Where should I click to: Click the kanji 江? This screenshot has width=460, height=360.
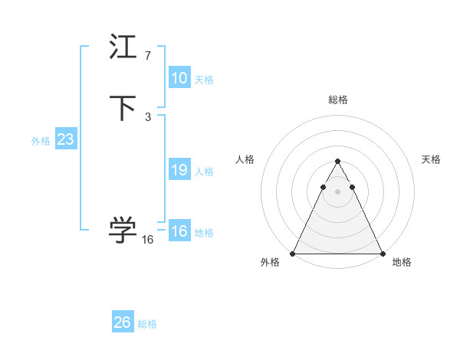pyautogui.click(x=123, y=48)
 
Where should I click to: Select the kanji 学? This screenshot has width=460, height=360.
pyautogui.click(x=123, y=230)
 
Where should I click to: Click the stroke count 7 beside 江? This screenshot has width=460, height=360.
pyautogui.click(x=148, y=56)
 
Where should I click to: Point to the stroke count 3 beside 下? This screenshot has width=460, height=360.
pyautogui.click(x=148, y=116)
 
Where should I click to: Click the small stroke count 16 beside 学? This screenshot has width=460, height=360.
pyautogui.click(x=148, y=240)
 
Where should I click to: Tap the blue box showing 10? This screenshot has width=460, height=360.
pyautogui.click(x=179, y=78)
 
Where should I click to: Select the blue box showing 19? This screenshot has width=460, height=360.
pyautogui.click(x=179, y=170)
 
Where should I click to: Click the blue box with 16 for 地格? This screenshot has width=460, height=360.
pyautogui.click(x=179, y=231)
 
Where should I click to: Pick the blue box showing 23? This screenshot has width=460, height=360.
pyautogui.click(x=65, y=140)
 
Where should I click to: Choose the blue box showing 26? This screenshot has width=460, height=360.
pyautogui.click(x=123, y=322)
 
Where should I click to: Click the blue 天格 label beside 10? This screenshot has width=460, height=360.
pyautogui.click(x=204, y=80)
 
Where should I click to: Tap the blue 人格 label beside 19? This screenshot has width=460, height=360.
pyautogui.click(x=204, y=172)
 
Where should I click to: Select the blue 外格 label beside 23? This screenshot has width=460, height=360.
pyautogui.click(x=41, y=141)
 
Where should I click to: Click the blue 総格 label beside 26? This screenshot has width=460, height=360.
pyautogui.click(x=147, y=324)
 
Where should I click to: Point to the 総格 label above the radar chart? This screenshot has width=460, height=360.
pyautogui.click(x=337, y=100)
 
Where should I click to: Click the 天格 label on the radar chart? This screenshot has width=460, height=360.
pyautogui.click(x=431, y=159)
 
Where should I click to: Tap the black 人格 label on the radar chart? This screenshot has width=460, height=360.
pyautogui.click(x=245, y=159)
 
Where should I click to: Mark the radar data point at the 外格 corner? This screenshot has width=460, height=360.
pyautogui.click(x=293, y=253)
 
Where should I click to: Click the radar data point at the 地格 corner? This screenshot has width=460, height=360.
pyautogui.click(x=382, y=253)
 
